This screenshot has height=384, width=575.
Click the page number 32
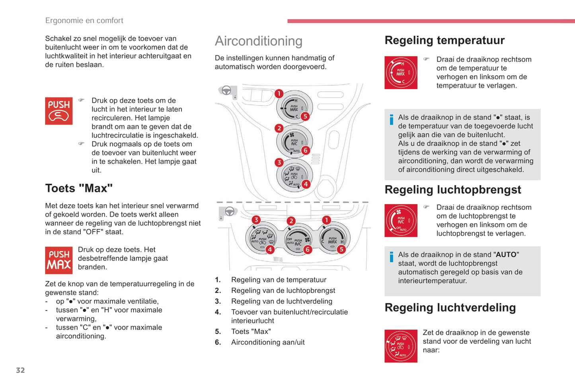[x=21, y=370]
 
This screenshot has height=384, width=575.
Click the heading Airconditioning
[x=259, y=41]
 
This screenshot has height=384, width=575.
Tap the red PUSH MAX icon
[x=59, y=260]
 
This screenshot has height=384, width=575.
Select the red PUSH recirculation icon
[x=59, y=111]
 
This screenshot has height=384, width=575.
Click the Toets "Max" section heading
[x=79, y=188]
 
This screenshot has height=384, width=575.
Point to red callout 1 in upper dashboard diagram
[x=279, y=94]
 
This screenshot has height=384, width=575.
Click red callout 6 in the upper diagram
[x=305, y=150]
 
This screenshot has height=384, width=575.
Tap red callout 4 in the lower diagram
[x=270, y=249]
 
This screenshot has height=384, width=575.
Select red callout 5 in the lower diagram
[x=341, y=249]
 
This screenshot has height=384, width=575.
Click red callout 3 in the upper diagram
[x=279, y=163]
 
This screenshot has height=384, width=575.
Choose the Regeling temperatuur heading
[x=444, y=40]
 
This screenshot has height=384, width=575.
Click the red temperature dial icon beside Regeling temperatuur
[x=401, y=72]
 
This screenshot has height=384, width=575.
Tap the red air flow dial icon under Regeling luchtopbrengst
[x=401, y=221]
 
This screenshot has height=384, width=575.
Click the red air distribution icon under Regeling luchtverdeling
[x=401, y=346]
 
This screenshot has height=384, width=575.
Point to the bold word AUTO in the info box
[x=506, y=255]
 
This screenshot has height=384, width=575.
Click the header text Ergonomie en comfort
[x=84, y=21]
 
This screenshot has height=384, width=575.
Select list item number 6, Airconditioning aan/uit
[x=260, y=342]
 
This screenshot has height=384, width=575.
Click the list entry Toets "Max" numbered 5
[x=243, y=331]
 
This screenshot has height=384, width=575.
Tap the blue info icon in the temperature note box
[x=392, y=120]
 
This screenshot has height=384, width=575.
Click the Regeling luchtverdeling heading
[x=450, y=308]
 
